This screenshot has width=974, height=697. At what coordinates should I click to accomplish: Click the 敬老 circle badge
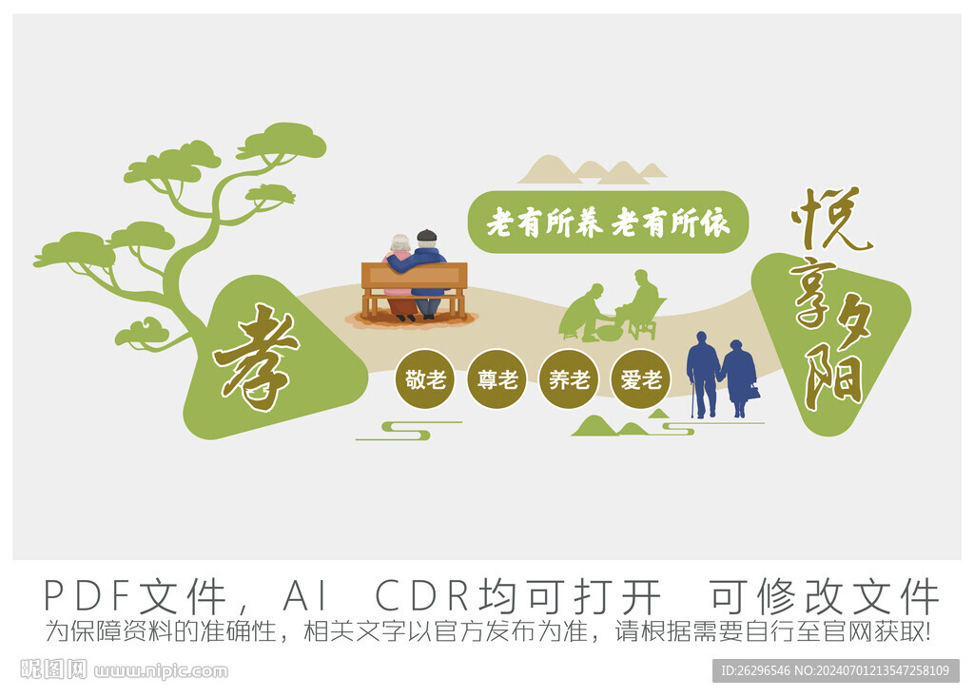point(425,379)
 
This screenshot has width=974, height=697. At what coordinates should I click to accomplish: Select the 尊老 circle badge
point(497,379)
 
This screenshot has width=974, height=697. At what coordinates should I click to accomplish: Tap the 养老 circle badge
point(569,379)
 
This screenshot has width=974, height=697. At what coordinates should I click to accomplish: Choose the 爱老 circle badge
point(641,379)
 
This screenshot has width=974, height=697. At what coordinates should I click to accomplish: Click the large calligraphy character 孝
point(255,358)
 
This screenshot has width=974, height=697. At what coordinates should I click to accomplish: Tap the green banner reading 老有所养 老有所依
point(608,222)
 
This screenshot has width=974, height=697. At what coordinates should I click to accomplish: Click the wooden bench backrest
point(415,275)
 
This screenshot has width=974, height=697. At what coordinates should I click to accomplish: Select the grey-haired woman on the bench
point(399,273)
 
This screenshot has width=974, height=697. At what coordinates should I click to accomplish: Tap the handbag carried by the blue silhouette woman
point(753,392)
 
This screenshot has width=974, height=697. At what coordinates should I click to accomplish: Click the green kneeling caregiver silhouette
point(583,313)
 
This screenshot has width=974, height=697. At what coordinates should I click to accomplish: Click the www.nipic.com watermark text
point(162,671)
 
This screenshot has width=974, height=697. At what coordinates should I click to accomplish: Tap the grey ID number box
point(835,671)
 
